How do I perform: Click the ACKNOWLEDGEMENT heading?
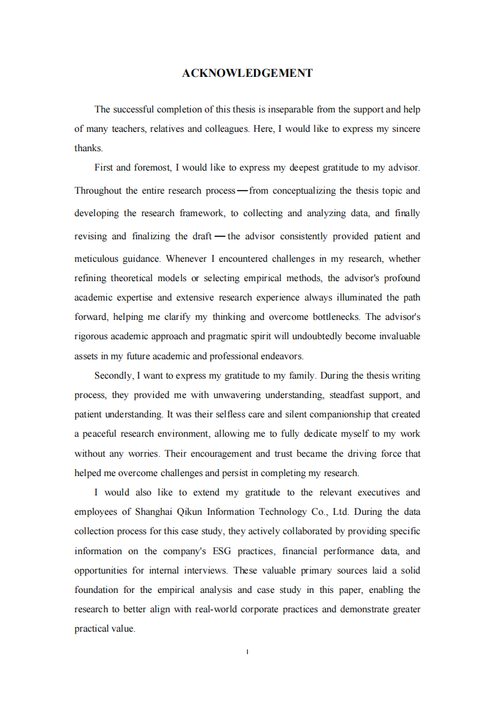tap(247, 74)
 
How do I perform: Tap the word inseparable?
tap(291, 109)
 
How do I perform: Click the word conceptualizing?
tap(303, 191)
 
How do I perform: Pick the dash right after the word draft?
tap(220, 236)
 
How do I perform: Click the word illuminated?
tap(351, 297)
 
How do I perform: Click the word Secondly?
tap(113, 375)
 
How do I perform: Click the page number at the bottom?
tap(248, 652)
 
